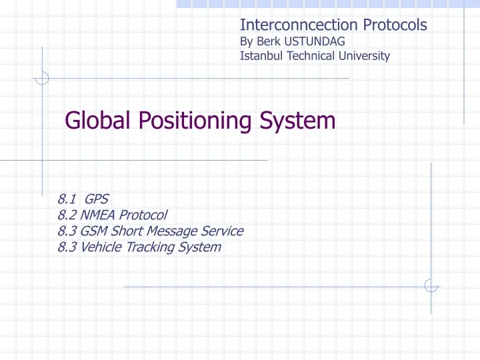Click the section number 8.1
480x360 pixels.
(67, 199)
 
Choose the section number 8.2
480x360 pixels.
(67, 215)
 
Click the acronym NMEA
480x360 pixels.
(97, 215)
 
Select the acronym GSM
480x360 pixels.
(94, 231)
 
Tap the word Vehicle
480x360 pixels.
(99, 247)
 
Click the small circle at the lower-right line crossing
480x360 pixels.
(431, 285)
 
